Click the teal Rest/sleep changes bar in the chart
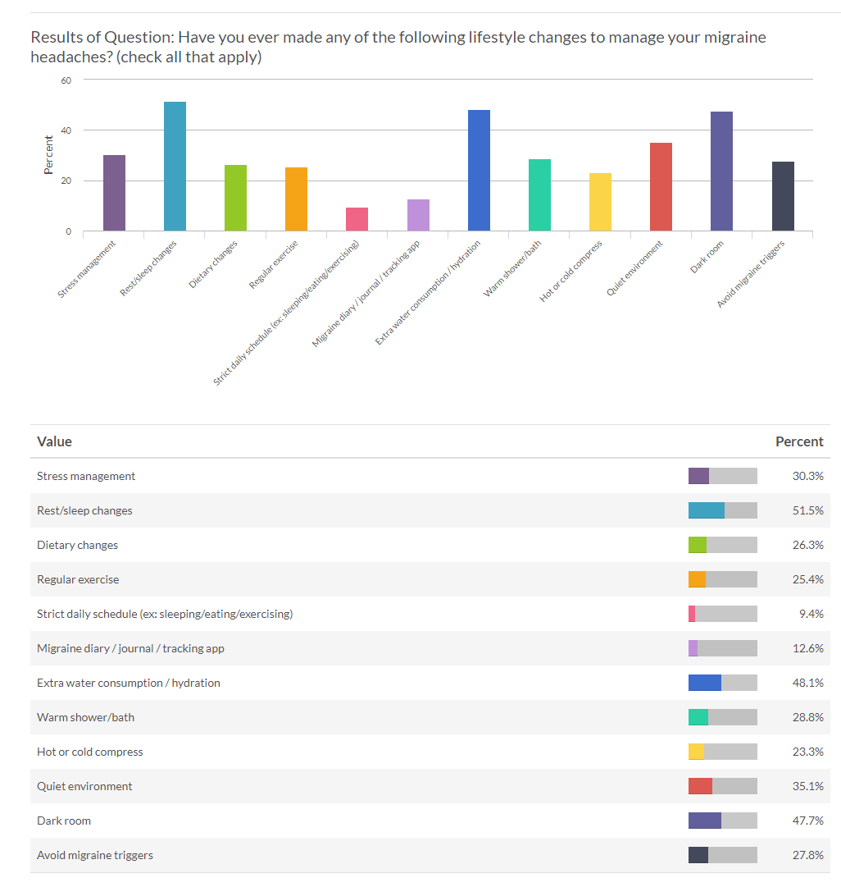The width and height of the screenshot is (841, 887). coord(175,167)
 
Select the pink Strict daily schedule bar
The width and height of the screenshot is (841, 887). coord(357,219)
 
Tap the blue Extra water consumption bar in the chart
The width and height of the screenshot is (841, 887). coord(479,171)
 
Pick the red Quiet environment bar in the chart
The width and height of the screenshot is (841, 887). coord(661,187)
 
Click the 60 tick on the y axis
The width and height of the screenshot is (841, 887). coord(66,80)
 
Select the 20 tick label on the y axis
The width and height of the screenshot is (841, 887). coord(66,181)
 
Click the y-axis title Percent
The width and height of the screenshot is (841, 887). coord(48,155)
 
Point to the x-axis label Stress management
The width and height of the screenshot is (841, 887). coord(87,268)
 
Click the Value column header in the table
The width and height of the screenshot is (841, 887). coord(54,441)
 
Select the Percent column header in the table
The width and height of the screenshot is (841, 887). coord(798,441)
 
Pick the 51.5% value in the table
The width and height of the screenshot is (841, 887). coord(807,510)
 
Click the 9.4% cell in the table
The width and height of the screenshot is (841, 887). coord(810,614)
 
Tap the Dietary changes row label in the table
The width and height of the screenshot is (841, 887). coord(77,545)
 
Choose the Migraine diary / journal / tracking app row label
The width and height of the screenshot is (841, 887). coord(130,648)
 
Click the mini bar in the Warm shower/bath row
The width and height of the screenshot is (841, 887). coord(722,717)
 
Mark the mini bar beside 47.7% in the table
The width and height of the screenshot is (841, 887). coord(722,821)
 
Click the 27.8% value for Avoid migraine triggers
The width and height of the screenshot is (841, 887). coord(807,855)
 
